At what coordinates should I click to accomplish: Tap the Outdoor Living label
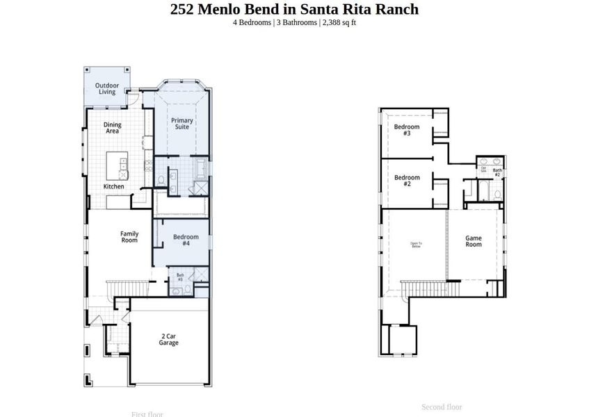coord(107,89)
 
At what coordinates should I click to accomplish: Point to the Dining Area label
coord(112,128)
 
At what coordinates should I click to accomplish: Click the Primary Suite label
coord(182,124)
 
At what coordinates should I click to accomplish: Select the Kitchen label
coord(114,186)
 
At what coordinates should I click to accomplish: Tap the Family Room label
coord(129,237)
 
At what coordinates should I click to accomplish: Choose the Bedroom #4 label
coord(186,240)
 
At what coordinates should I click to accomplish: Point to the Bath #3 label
coord(180,277)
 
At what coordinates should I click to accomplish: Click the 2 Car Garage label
coord(168,339)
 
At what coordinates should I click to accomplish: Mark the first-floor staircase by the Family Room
coord(129,288)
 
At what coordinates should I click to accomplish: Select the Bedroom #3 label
coord(407,130)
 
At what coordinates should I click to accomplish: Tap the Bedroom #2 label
coord(407,181)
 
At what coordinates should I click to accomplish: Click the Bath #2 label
coord(497,172)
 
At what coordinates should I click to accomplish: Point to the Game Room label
coord(474,241)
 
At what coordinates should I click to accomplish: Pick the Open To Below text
coord(416,244)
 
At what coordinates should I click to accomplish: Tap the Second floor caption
coord(442,407)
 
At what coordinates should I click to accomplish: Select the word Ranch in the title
coord(398,9)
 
